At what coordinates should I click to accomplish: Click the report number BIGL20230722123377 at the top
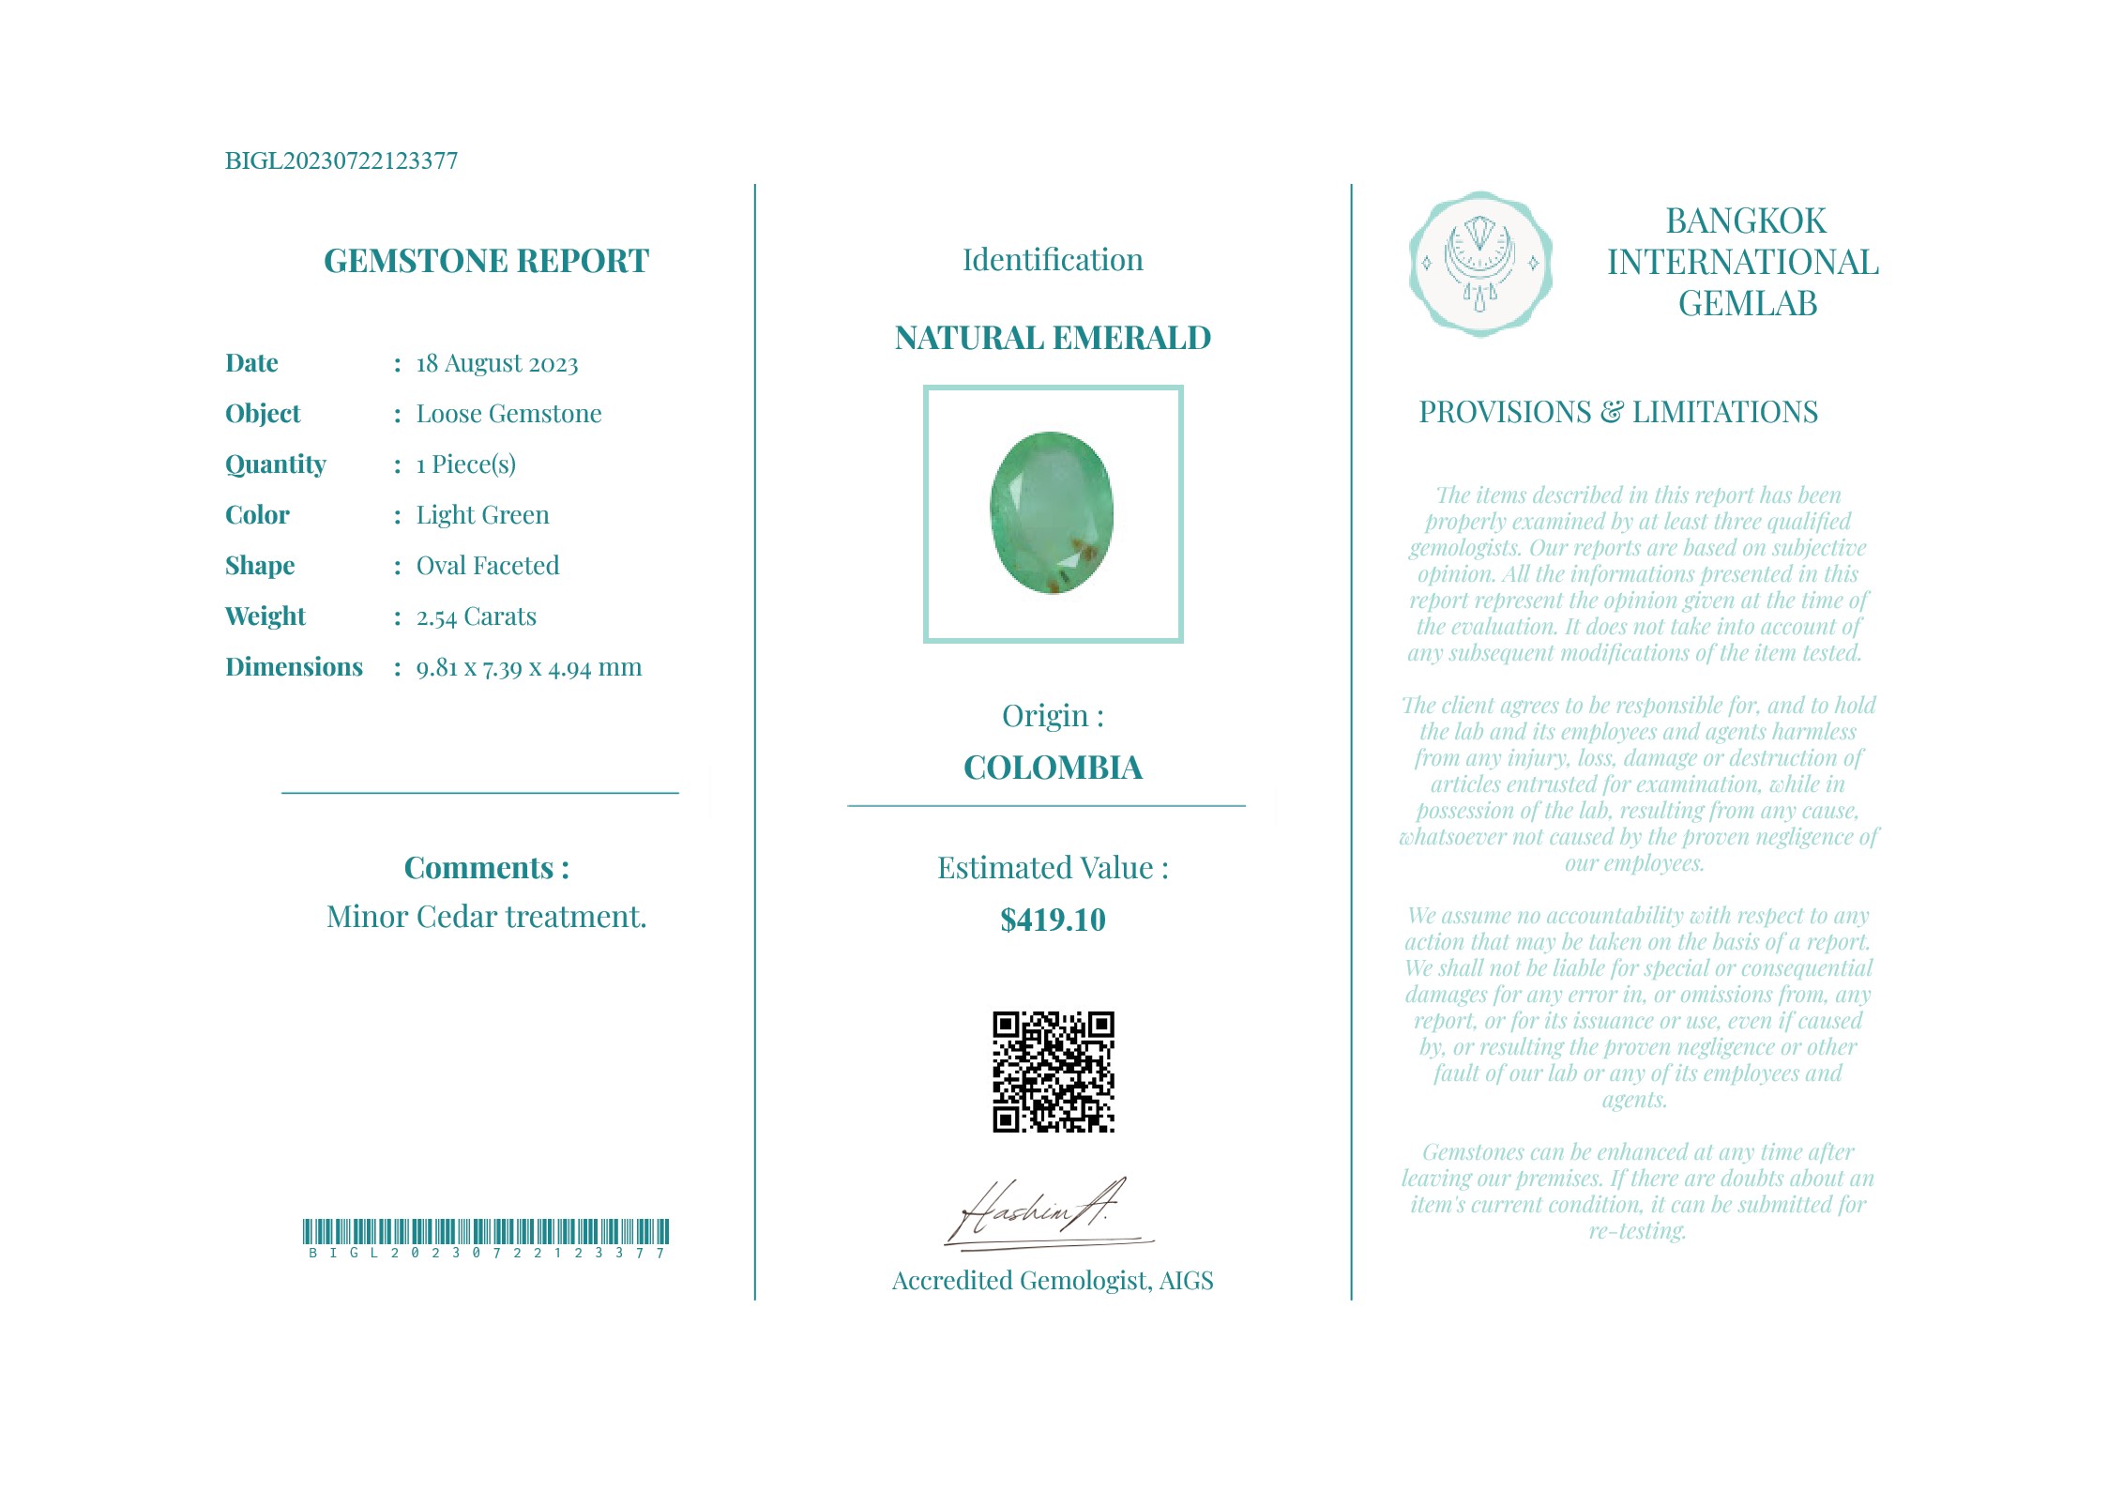(341, 161)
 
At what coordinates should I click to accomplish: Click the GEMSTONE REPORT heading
(486, 261)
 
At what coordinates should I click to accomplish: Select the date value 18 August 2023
(497, 364)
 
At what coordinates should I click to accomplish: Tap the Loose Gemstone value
(508, 414)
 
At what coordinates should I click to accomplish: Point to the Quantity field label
(276, 464)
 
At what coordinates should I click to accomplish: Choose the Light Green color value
(482, 515)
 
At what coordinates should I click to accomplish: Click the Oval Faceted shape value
(488, 566)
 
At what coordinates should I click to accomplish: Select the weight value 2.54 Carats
(477, 616)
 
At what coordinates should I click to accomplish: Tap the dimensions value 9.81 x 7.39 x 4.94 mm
(529, 667)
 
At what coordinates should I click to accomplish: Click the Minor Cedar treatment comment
(486, 917)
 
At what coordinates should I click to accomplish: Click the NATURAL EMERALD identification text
(1053, 338)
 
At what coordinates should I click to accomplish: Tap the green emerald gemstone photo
(1053, 512)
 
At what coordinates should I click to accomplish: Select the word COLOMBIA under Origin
(1053, 768)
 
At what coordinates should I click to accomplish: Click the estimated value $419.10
(1053, 920)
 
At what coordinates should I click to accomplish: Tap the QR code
(1053, 1072)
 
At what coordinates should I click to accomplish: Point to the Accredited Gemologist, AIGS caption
(1053, 1281)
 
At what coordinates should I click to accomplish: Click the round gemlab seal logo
(1479, 264)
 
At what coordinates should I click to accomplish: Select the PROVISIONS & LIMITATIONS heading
(1617, 412)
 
